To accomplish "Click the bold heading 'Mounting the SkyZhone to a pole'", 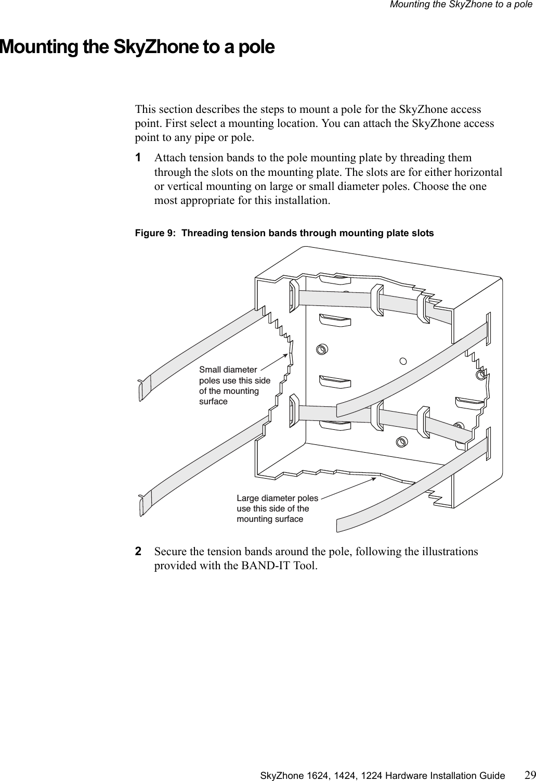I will pos(137,47).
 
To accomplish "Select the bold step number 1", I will pos(138,157).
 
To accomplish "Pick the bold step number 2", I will pos(138,551).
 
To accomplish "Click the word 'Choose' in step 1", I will pos(436,186).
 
